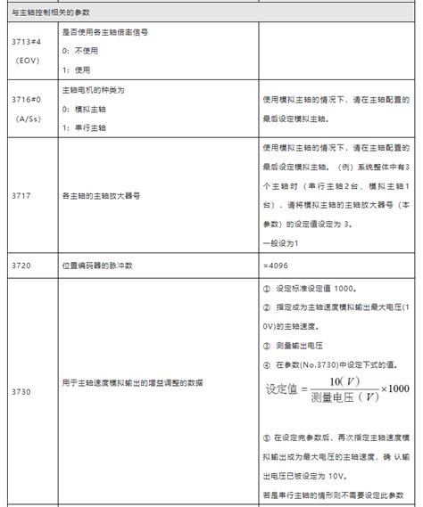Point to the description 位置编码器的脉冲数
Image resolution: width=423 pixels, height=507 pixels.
97,266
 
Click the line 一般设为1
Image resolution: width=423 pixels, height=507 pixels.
280,244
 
